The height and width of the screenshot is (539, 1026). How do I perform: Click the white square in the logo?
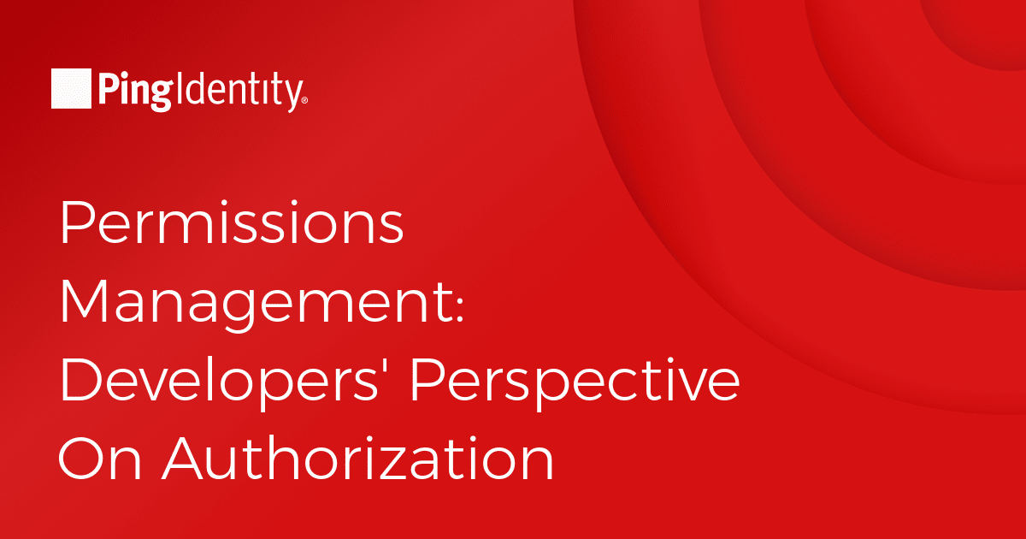pyautogui.click(x=71, y=88)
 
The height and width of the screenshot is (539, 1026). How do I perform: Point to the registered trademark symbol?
pyautogui.click(x=305, y=100)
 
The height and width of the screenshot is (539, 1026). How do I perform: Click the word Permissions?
pyautogui.click(x=232, y=222)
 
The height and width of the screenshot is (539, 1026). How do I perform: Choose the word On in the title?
pyautogui.click(x=100, y=459)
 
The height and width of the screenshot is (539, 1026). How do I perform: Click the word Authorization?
pyautogui.click(x=358, y=458)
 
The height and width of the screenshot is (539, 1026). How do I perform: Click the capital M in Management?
pyautogui.click(x=84, y=301)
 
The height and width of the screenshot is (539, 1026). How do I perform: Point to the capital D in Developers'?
pyautogui.click(x=81, y=380)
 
